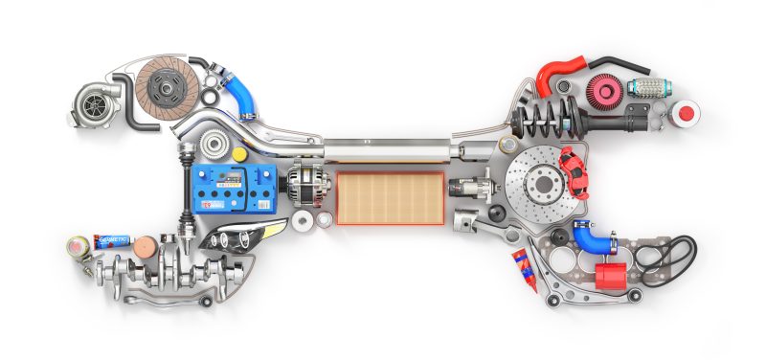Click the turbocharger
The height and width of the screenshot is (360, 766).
pos(96,100)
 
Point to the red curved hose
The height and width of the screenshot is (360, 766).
pos(558,74)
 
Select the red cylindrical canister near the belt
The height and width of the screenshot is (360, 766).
pos(610,275)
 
